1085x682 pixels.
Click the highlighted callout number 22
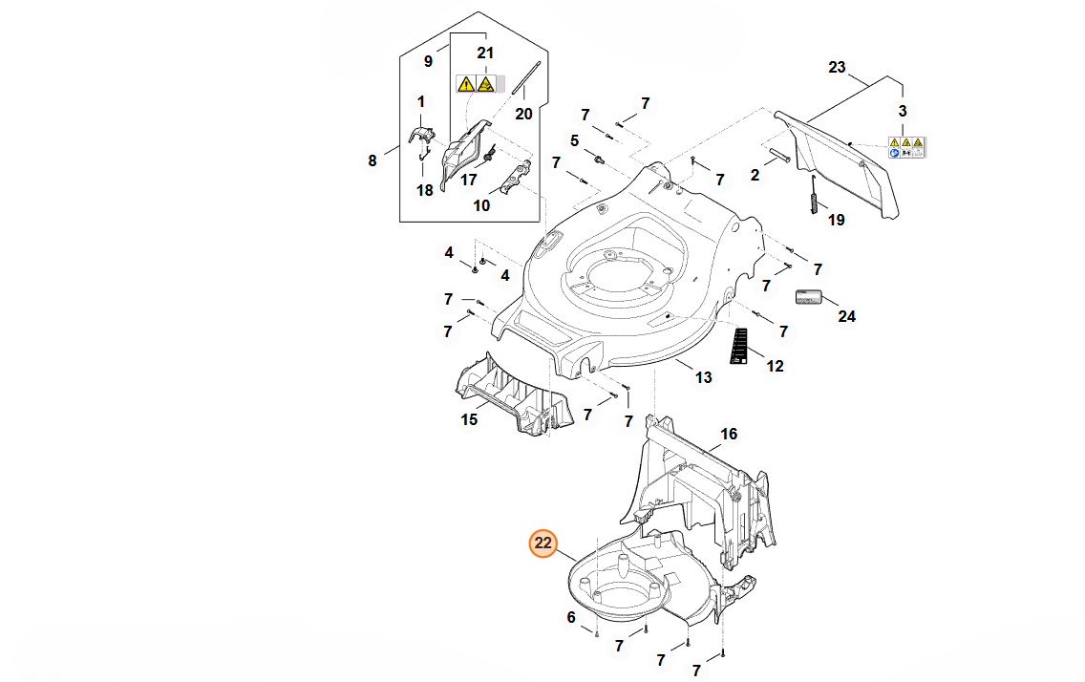tap(543, 543)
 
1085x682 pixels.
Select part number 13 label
tap(703, 378)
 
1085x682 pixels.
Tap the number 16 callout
tap(729, 435)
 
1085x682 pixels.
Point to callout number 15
tap(470, 419)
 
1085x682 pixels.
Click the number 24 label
tap(846, 316)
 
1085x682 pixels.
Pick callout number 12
tap(775, 366)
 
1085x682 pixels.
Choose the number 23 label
tap(837, 68)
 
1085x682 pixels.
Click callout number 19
tap(837, 221)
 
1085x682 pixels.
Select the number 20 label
tap(523, 114)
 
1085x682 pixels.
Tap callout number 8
tap(372, 160)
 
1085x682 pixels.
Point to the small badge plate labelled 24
tap(808, 297)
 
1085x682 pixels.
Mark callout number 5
tap(575, 140)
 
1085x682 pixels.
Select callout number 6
tap(571, 617)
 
